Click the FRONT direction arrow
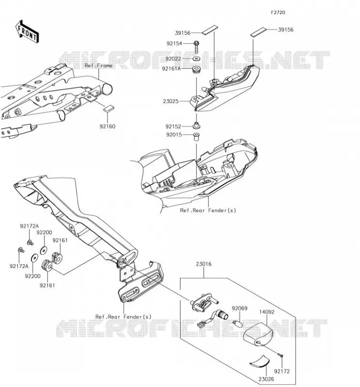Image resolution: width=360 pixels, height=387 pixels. click(x=27, y=32)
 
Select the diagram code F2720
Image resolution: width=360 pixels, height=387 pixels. click(x=278, y=13)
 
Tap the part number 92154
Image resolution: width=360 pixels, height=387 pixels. click(x=174, y=44)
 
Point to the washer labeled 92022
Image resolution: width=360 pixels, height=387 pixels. click(x=196, y=59)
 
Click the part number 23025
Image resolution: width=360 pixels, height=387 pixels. click(x=171, y=101)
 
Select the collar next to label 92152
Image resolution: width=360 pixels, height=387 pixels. click(x=196, y=126)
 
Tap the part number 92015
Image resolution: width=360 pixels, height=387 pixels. click(x=174, y=135)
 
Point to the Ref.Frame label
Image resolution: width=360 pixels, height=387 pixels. click(x=99, y=66)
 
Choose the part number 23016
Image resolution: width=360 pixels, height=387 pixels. click(x=204, y=264)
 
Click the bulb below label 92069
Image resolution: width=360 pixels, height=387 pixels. click(x=238, y=323)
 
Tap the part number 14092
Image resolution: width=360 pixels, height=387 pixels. click(x=267, y=312)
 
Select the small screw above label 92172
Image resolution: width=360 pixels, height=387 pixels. click(x=280, y=355)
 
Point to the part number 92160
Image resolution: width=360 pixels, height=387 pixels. click(x=107, y=126)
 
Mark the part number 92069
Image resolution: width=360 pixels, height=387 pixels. click(x=240, y=309)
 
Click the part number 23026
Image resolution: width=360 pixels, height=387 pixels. click(x=266, y=379)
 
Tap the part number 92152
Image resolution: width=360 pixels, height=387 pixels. click(x=173, y=127)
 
